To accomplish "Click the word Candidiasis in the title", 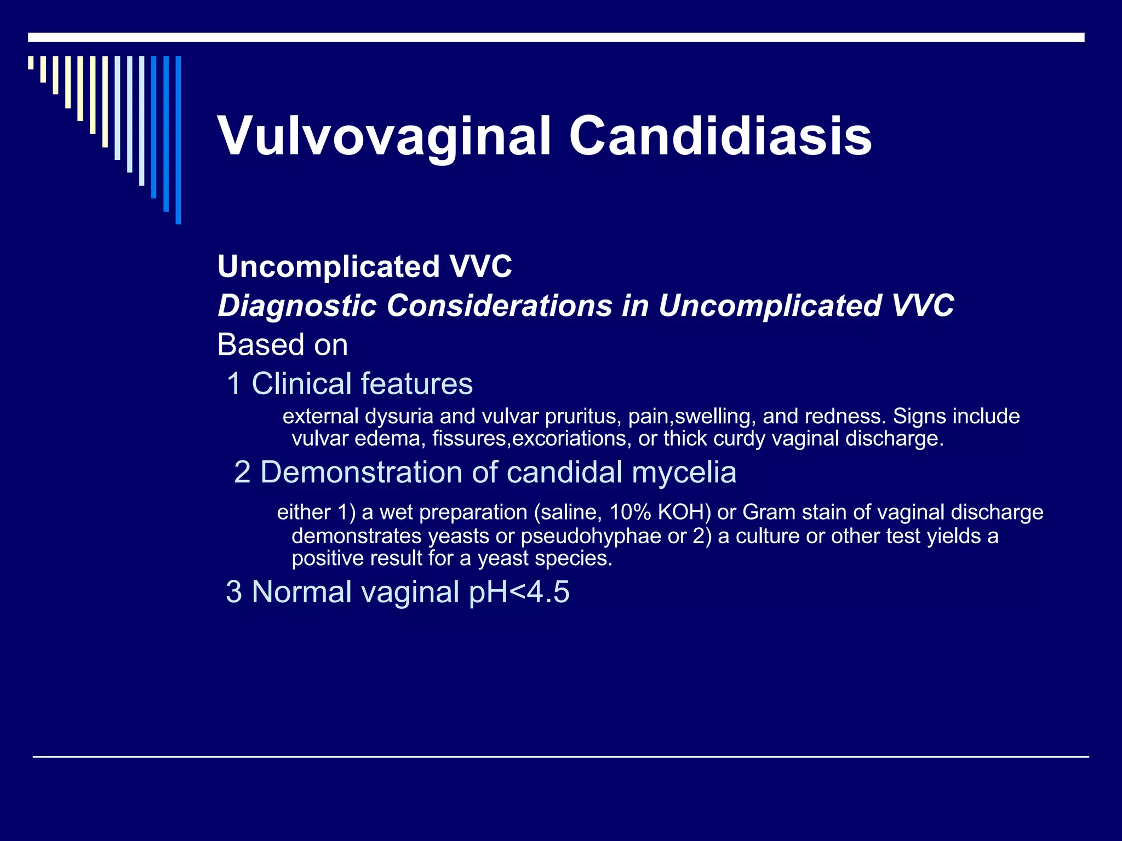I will tap(720, 136).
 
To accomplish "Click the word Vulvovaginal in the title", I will tap(384, 136).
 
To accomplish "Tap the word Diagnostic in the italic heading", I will tap(297, 306).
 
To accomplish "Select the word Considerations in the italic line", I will tap(499, 306).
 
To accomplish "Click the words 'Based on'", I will tap(282, 345).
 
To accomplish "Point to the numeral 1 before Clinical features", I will tap(234, 383).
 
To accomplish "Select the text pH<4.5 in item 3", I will tap(519, 592).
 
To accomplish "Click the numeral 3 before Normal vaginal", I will tap(234, 592).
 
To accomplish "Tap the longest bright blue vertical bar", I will tap(178, 140).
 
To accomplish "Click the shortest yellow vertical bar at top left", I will tap(31, 62).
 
